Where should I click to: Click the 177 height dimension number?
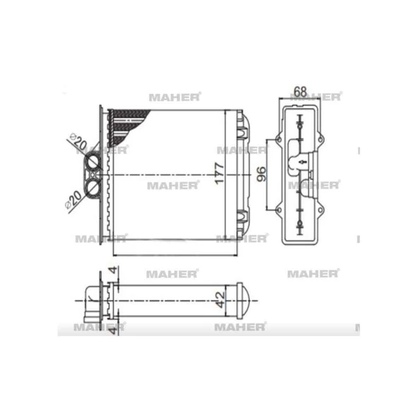(219, 173)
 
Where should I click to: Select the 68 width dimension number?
(299, 91)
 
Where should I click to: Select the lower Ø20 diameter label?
(73, 198)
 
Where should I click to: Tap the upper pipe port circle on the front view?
(93, 163)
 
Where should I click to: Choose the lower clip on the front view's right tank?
(241, 217)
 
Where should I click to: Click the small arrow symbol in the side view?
(302, 163)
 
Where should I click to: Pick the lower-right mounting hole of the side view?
(321, 210)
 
